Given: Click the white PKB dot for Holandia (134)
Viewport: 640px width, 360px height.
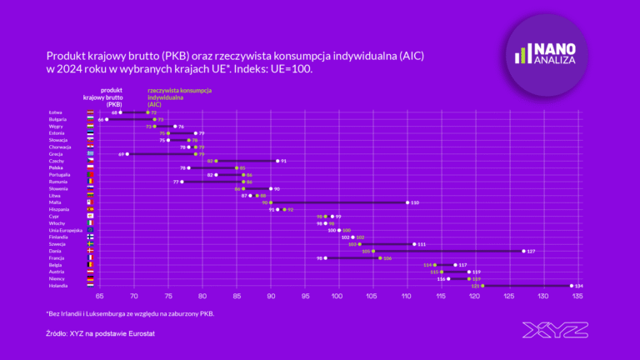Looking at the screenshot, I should click(x=571, y=285).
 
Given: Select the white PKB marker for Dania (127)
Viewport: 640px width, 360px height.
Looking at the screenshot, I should click(x=523, y=250).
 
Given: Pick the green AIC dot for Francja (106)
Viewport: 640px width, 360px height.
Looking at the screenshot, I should click(x=380, y=257).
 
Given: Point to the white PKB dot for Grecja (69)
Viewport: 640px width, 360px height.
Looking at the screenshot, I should click(x=127, y=153).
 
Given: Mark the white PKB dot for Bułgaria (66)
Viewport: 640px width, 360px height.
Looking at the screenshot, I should click(x=107, y=119).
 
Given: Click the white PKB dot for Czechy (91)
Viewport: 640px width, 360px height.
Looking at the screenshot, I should click(x=277, y=161).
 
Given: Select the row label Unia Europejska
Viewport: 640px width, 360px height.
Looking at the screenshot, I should click(x=66, y=230).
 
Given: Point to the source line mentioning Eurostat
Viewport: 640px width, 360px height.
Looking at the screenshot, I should click(x=100, y=333).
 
